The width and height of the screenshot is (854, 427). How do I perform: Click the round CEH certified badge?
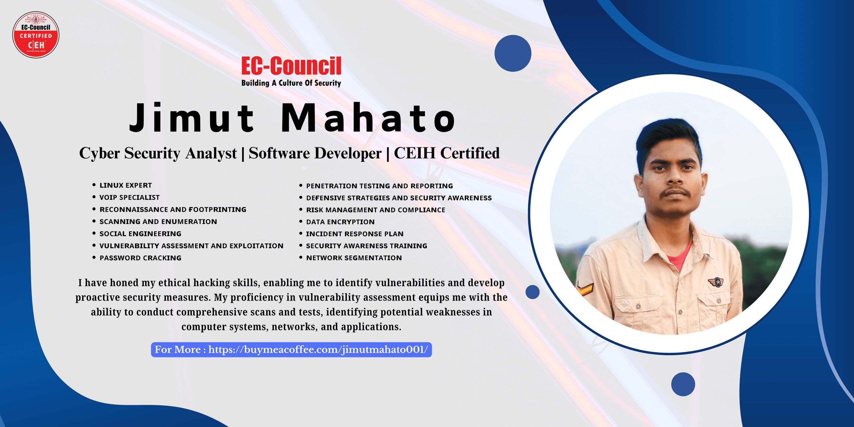[36, 35]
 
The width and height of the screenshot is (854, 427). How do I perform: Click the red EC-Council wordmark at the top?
[291, 66]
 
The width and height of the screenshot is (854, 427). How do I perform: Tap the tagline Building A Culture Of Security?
[291, 83]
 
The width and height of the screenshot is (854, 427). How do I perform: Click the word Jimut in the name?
[192, 118]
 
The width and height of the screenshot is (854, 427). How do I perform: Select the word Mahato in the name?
[368, 117]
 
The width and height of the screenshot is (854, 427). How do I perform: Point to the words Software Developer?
[315, 153]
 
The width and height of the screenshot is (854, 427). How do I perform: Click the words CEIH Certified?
[447, 153]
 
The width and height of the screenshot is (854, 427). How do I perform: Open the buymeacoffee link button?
[291, 350]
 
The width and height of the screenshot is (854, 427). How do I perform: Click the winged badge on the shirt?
[715, 282]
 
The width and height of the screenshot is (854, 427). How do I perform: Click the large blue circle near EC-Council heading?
[513, 53]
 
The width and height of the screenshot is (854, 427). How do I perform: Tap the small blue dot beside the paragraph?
[532, 292]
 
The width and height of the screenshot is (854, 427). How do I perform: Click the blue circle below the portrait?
[683, 384]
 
